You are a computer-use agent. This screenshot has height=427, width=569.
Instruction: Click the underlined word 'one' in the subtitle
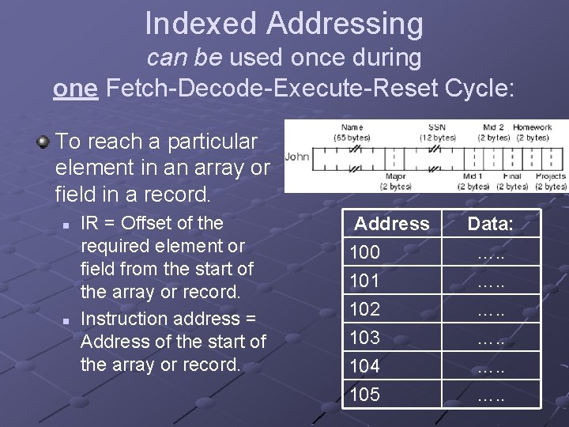pyautogui.click(x=75, y=88)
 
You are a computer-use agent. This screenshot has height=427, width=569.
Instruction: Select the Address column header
pyautogui.click(x=391, y=224)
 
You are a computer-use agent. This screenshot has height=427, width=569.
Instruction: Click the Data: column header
pyautogui.click(x=490, y=224)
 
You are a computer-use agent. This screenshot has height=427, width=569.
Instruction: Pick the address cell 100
pyautogui.click(x=365, y=252)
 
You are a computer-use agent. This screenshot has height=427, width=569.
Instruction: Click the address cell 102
pyautogui.click(x=365, y=309)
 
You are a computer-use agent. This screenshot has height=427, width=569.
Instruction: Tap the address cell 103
pyautogui.click(x=365, y=338)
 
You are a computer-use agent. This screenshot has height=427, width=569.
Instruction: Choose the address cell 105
pyautogui.click(x=365, y=395)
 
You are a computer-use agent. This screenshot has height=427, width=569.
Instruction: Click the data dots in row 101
pyautogui.click(x=490, y=281)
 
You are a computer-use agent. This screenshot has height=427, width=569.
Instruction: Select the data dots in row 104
pyautogui.click(x=490, y=366)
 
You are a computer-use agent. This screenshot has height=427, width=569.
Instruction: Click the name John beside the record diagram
pyautogui.click(x=297, y=156)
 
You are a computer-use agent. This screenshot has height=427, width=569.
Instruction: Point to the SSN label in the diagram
pyautogui.click(x=436, y=127)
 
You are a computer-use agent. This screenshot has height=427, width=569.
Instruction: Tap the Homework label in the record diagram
pyautogui.click(x=532, y=127)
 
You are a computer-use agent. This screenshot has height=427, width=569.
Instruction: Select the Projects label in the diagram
pyautogui.click(x=551, y=176)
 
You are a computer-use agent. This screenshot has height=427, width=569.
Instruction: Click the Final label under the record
pyautogui.click(x=512, y=176)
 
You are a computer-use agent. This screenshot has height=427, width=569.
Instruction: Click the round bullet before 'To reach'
pyautogui.click(x=42, y=142)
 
